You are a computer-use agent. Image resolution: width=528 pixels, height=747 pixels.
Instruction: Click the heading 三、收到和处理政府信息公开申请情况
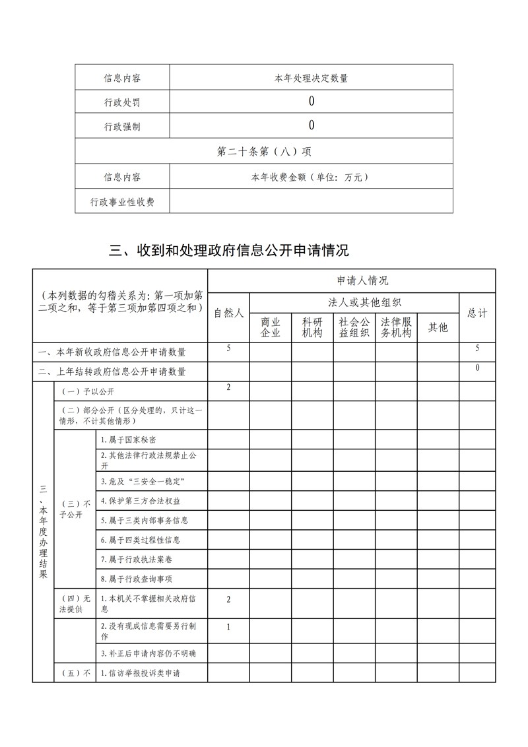pyautogui.click(x=229, y=251)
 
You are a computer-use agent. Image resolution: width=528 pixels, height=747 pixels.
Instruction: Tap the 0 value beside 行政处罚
pyautogui.click(x=311, y=101)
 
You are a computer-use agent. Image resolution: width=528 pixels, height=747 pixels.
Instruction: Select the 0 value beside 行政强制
pyautogui.click(x=311, y=125)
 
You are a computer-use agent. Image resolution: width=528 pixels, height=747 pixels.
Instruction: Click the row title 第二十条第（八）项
pyautogui.click(x=264, y=151)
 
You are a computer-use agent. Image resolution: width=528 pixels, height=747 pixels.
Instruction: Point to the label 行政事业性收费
pyautogui.click(x=122, y=202)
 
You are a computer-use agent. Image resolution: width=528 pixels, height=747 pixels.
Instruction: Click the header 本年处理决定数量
pyautogui.click(x=311, y=78)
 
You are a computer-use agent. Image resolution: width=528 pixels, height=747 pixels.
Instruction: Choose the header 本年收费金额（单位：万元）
pyautogui.click(x=311, y=177)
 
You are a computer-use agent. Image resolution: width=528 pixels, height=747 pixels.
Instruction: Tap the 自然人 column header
pyautogui.click(x=228, y=313)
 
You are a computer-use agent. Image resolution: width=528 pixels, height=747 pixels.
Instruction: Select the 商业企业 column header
pyautogui.click(x=271, y=327)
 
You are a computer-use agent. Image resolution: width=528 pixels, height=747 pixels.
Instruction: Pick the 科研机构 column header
pyautogui.click(x=312, y=327)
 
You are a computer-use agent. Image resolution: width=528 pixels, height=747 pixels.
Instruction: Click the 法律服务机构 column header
pyautogui.click(x=396, y=327)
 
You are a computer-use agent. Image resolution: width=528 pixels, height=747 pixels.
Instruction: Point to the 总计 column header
pyautogui.click(x=477, y=313)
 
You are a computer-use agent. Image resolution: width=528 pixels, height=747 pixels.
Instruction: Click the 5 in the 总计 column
pyautogui.click(x=477, y=348)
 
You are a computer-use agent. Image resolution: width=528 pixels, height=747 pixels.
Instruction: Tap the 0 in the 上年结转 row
pyautogui.click(x=477, y=368)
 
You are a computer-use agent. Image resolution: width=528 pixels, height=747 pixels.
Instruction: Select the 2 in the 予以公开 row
pyautogui.click(x=228, y=387)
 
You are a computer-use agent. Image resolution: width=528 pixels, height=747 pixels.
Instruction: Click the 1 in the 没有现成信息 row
pyautogui.click(x=228, y=628)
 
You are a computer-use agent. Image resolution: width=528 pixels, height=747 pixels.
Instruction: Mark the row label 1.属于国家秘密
pyautogui.click(x=128, y=439)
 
